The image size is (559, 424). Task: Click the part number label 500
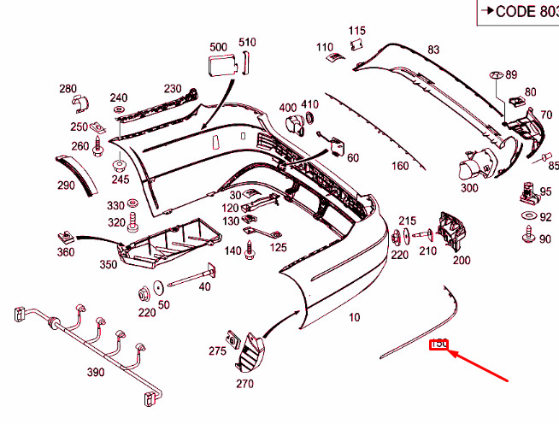coord(218,46)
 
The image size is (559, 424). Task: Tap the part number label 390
coord(95,372)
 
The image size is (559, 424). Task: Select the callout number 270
coord(244,384)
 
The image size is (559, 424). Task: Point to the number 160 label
coord(400,166)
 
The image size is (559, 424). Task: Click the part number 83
coord(433,50)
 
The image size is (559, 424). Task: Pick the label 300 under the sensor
coord(469,188)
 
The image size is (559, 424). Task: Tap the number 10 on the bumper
coord(355,317)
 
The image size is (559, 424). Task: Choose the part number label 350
coord(108,265)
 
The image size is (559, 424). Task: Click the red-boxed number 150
coord(439,344)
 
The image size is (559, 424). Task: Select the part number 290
coord(66,185)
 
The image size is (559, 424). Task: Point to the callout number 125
coord(279,248)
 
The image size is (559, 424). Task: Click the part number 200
coord(462,260)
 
